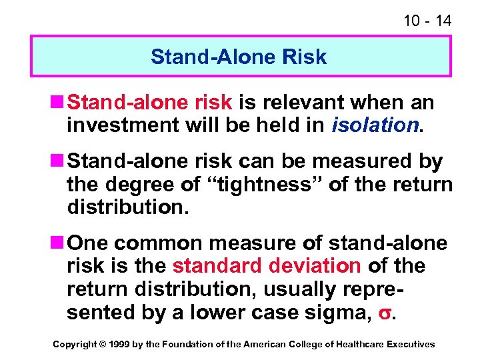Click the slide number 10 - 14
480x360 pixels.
click(427, 21)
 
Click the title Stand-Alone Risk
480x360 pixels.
click(239, 57)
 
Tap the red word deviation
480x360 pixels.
click(315, 265)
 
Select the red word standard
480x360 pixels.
click(217, 265)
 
